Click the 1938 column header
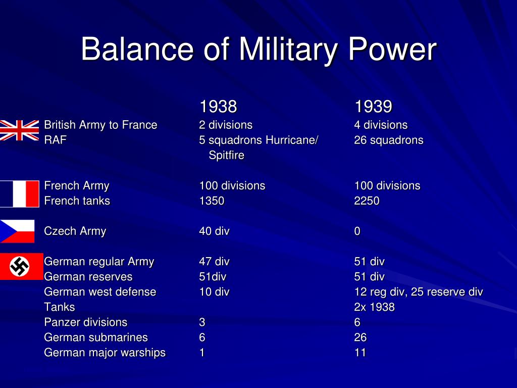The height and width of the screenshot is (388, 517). click(x=218, y=106)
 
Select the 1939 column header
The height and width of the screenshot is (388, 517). click(x=373, y=106)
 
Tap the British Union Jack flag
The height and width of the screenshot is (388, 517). click(x=20, y=130)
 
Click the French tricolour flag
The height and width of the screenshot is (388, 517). click(x=20, y=193)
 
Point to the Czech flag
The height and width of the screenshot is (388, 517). click(x=17, y=231)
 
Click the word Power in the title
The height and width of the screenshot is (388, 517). click(x=392, y=49)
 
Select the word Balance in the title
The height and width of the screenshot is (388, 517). click(x=137, y=49)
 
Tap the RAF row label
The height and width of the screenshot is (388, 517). click(x=56, y=140)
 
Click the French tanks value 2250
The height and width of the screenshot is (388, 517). click(x=367, y=201)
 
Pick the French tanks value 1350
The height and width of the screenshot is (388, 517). click(x=212, y=201)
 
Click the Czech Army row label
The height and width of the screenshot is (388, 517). click(x=75, y=231)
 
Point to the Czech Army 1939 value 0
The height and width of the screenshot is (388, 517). click(x=357, y=231)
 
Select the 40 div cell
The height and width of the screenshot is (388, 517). click(x=214, y=231)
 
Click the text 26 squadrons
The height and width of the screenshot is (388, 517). click(x=389, y=140)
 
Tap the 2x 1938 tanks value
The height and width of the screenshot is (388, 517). click(x=374, y=307)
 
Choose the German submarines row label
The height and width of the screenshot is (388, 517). click(x=96, y=337)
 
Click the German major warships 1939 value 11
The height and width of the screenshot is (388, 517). click(x=360, y=352)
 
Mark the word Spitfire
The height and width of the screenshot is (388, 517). click(x=227, y=155)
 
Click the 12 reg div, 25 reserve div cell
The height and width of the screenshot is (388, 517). click(x=419, y=292)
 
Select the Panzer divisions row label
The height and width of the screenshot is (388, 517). click(x=86, y=322)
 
